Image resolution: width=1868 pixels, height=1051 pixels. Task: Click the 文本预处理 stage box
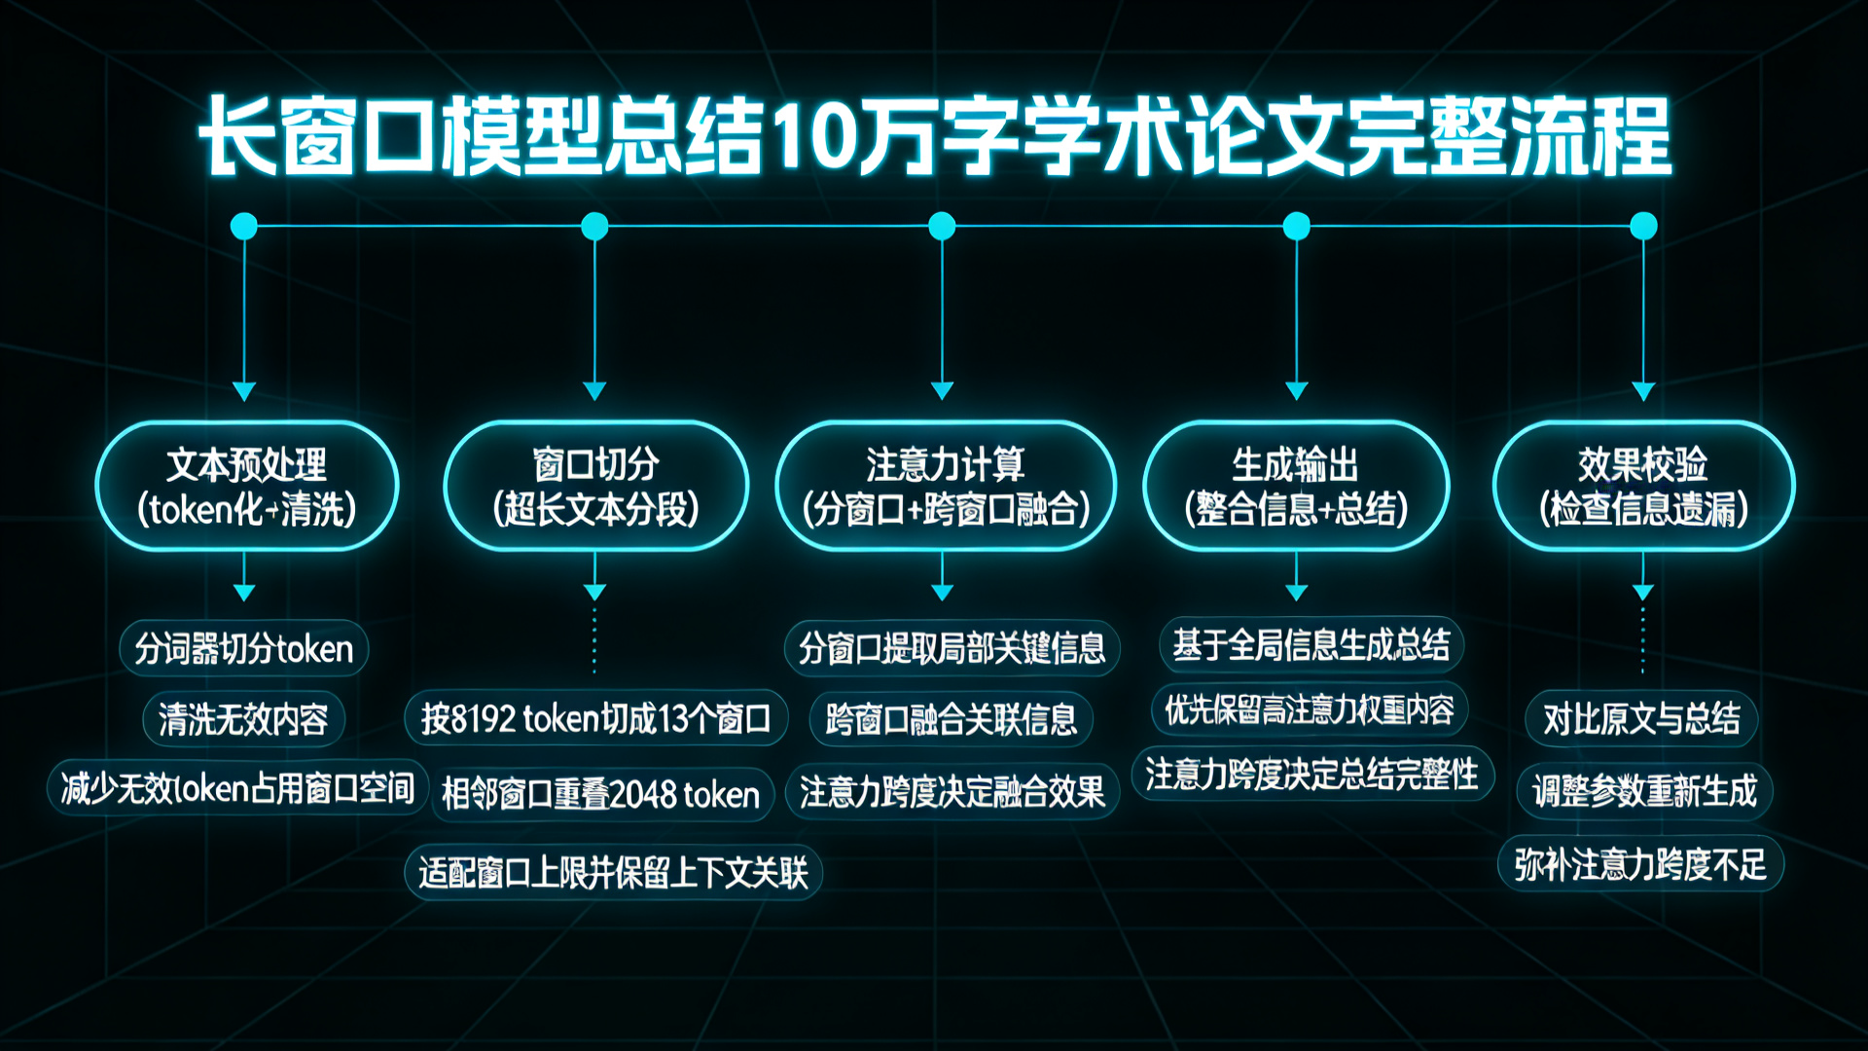pos(247,487)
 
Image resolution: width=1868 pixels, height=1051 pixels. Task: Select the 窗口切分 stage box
pos(595,487)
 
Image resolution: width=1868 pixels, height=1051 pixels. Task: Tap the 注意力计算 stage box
pos(945,487)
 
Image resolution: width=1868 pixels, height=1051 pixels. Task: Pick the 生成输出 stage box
pos(1296,487)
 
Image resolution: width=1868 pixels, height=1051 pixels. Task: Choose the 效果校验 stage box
pos(1643,487)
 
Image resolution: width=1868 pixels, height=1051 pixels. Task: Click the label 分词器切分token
pos(243,648)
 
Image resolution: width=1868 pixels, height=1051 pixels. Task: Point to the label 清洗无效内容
pos(243,719)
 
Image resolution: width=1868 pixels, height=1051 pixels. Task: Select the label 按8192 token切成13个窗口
pos(595,719)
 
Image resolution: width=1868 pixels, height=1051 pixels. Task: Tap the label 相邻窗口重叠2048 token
pos(600,794)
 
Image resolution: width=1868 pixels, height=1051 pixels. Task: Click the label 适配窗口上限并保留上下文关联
pos(613,872)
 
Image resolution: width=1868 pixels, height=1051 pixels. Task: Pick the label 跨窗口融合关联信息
pos(951,719)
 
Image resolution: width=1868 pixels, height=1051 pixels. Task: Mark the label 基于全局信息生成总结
pos(1311,644)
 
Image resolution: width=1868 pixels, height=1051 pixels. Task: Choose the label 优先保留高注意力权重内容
pos(1310,709)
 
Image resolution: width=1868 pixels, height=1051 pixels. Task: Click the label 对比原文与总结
pos(1641,719)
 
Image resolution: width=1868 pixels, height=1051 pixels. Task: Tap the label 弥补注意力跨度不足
pos(1640,863)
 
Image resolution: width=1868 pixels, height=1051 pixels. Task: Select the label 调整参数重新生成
pos(1644,790)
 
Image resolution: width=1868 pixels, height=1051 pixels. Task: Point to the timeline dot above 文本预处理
pos(244,227)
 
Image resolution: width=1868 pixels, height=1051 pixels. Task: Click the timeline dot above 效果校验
pos(1643,226)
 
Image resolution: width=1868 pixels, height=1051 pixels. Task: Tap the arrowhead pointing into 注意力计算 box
pos(942,391)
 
